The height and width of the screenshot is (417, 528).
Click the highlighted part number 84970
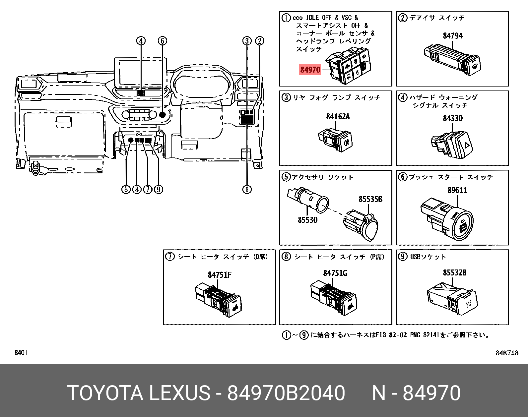pos(310,70)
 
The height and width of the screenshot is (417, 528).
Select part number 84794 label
pos(452,36)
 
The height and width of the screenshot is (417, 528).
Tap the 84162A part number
pos(338,116)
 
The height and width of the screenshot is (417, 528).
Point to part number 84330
pos(452,118)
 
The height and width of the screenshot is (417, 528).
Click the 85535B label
pos(370,199)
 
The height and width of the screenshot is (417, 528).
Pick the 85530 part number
pos(307,220)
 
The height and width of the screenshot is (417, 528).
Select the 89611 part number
pos(457,190)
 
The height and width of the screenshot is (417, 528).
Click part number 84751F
pos(220,275)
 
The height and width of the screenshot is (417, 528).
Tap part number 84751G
pos(335,273)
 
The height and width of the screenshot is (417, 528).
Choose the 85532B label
pos(454,272)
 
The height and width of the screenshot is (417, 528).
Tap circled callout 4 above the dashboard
pos(141,41)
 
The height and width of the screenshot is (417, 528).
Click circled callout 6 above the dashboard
pos(162,41)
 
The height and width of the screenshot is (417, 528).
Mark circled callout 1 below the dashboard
pos(247,189)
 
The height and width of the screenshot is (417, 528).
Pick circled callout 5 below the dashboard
pos(126,189)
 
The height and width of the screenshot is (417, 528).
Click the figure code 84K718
pos(506,353)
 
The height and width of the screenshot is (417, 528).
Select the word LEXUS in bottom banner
pos(179,393)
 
